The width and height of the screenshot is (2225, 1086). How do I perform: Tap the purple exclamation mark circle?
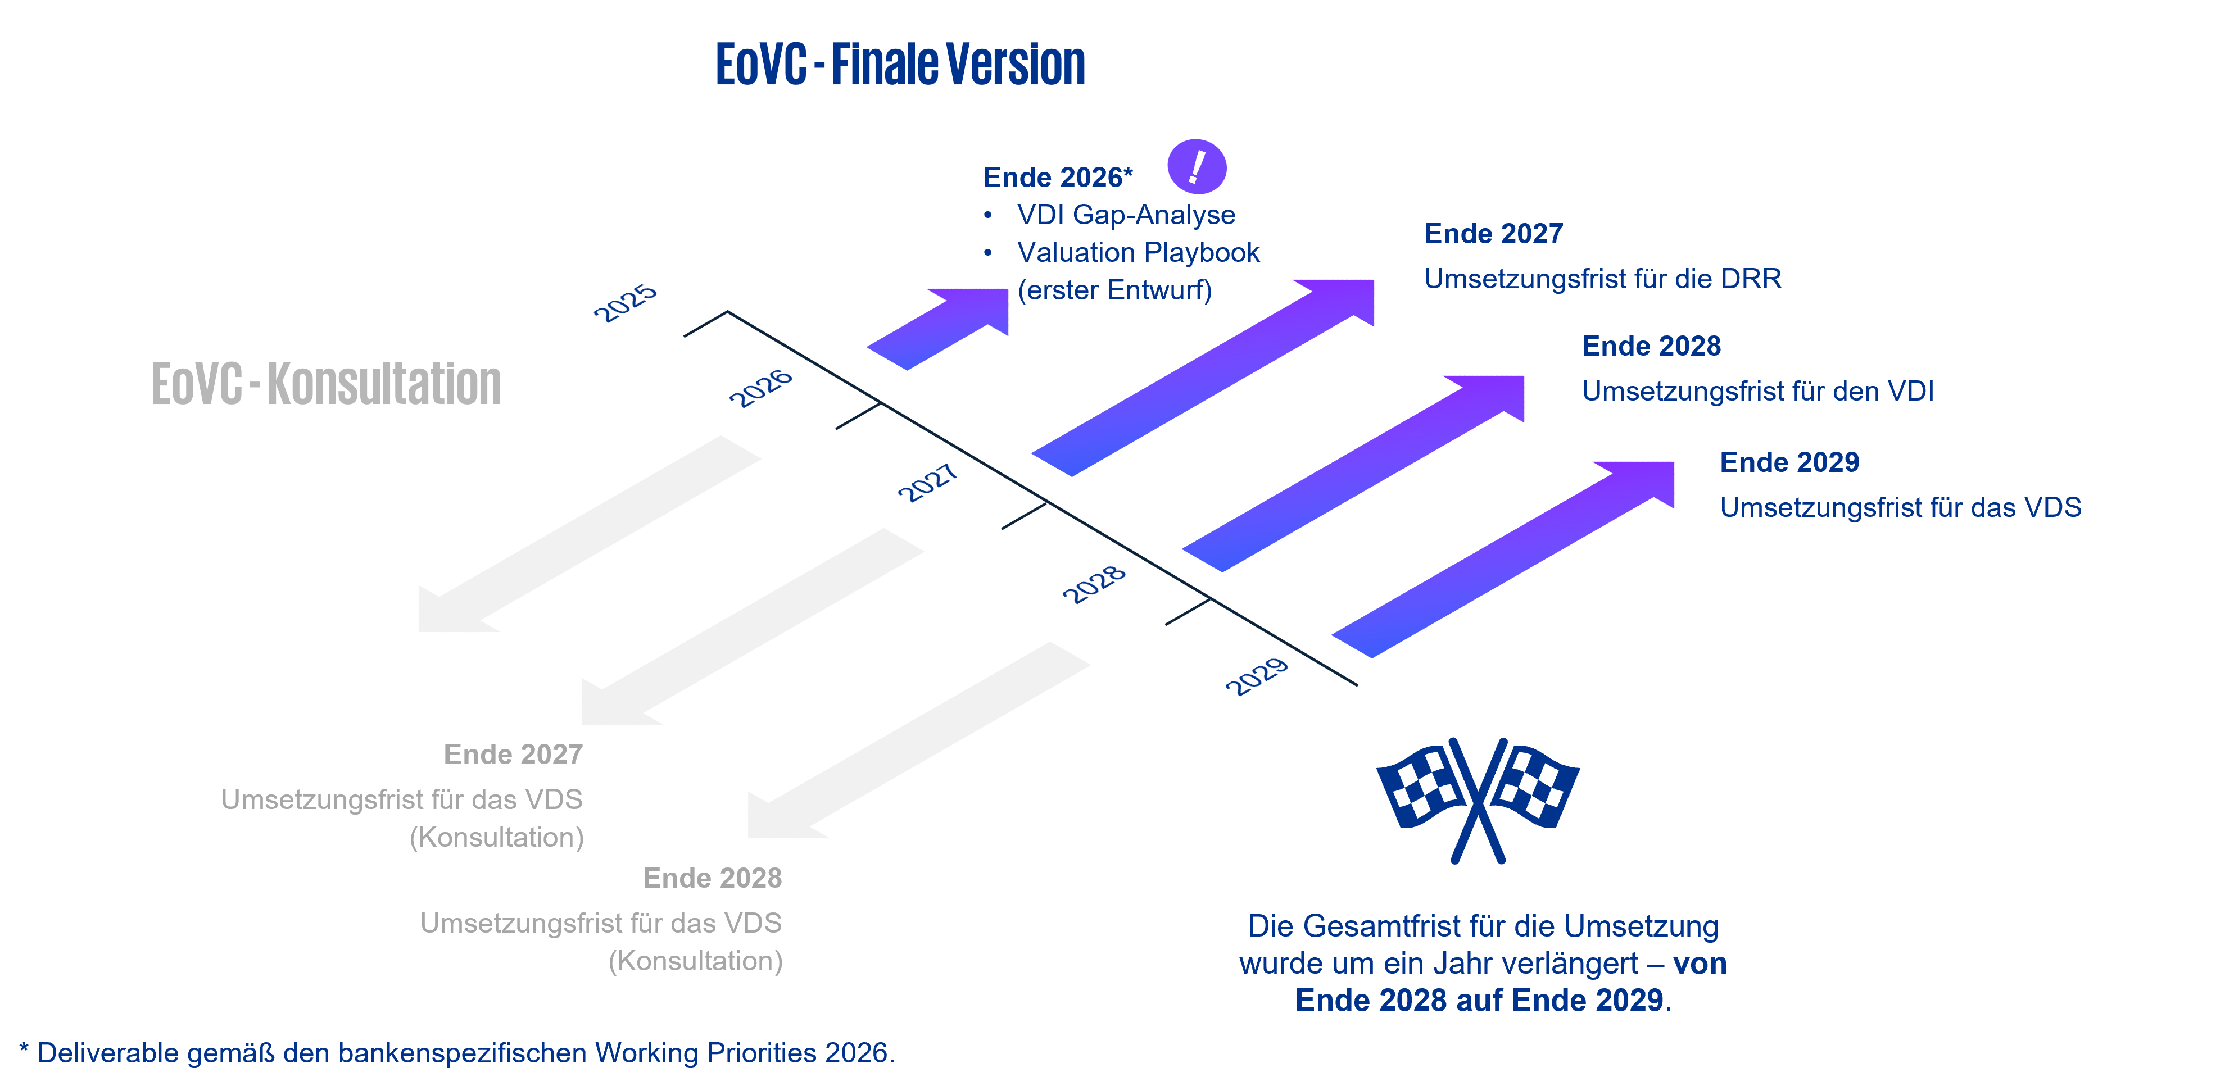pos(1197,167)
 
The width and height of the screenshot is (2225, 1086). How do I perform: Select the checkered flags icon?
pos(1478,798)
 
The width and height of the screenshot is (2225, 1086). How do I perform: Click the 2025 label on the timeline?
pos(626,302)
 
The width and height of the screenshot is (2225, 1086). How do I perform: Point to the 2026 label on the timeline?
pos(760,388)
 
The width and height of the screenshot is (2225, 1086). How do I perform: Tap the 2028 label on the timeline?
pos(1094,584)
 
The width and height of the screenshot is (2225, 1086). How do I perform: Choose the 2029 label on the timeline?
pos(1257,675)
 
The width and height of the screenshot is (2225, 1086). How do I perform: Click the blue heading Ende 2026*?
pos(1057,178)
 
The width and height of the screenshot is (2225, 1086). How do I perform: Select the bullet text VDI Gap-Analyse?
pos(1126,215)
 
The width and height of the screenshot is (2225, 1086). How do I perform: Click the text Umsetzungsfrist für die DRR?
pos(1602,279)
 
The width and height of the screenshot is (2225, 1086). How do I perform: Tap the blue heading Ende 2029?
pos(1789,463)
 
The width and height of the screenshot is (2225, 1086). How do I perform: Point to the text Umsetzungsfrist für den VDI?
pos(1757,391)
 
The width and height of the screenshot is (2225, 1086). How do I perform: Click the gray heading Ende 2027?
pos(513,755)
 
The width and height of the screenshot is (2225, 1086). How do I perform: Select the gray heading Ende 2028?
pos(713,878)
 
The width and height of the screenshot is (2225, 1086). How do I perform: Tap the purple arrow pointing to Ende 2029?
pos(1503,560)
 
